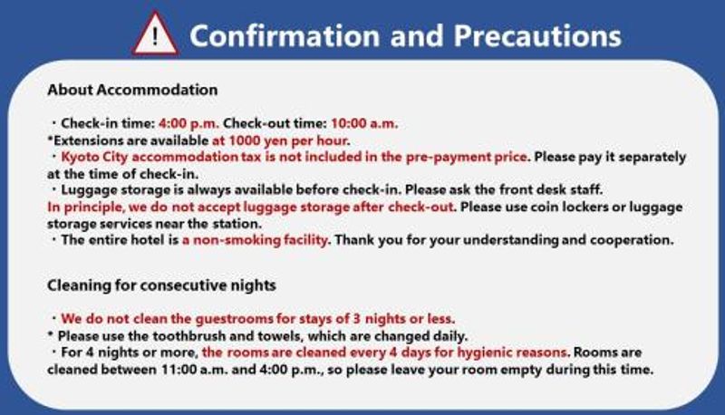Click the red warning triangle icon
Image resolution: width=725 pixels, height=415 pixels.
[x=155, y=34]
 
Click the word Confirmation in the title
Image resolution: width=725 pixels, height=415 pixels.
[x=285, y=36]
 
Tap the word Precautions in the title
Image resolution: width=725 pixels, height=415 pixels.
[x=537, y=36]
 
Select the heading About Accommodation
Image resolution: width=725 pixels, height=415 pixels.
[x=132, y=90]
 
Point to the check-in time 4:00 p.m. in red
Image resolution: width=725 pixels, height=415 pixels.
[x=188, y=124]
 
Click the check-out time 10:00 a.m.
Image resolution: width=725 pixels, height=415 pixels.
[x=364, y=124]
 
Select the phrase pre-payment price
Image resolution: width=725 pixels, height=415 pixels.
[x=466, y=158]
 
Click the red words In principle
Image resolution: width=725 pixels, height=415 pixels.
[x=85, y=207]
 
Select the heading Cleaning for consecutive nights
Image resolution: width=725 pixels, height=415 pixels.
[x=161, y=285]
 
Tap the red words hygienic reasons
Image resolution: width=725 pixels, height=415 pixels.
[x=512, y=352]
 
